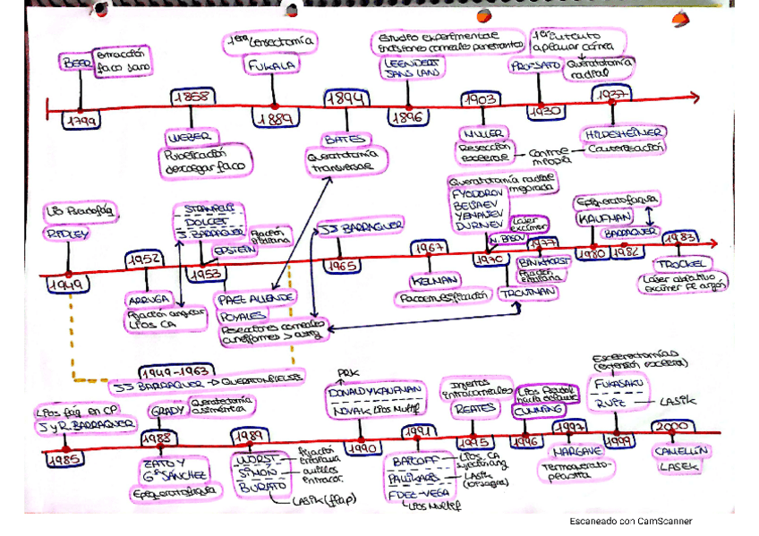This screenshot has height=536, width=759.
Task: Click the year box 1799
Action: point(80,119)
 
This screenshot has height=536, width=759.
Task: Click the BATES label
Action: point(341,140)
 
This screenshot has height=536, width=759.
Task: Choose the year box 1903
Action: point(482,98)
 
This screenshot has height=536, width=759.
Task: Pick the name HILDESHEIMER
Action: point(612,132)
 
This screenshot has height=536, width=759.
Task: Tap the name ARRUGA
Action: point(147,300)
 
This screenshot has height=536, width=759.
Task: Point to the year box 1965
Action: point(342,266)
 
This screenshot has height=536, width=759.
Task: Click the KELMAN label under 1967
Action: point(426,278)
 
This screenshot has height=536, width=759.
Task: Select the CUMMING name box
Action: point(538,410)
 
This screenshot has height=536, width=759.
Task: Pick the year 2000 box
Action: point(670,428)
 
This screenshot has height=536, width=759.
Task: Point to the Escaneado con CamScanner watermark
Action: point(630,521)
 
